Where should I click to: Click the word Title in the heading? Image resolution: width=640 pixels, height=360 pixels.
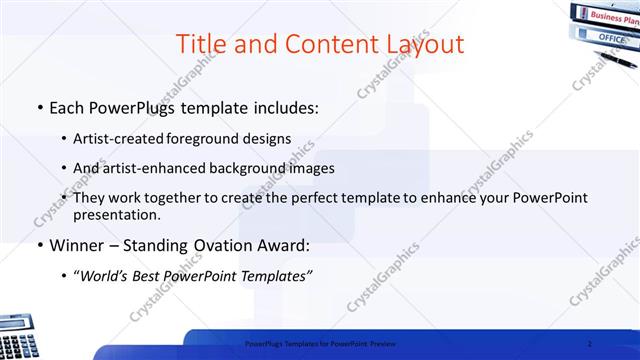tap(201, 45)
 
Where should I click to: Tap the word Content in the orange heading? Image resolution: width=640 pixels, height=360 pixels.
tap(322, 45)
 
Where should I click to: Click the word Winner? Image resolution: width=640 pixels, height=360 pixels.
tap(77, 245)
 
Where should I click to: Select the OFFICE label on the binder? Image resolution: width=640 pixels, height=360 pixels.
tap(611, 37)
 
